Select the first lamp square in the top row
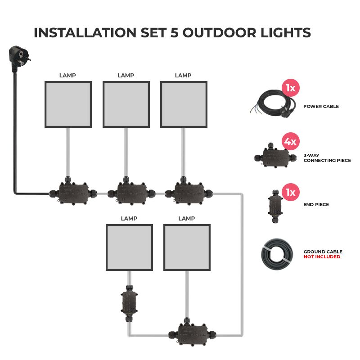click(68, 104)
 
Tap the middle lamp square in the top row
click(126, 104)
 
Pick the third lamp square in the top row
click(183, 104)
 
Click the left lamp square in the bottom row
click(129, 248)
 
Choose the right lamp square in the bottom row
click(187, 248)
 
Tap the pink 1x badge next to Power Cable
click(290, 88)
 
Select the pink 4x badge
click(290, 142)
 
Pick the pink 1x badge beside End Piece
click(290, 192)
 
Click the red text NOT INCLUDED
click(322, 257)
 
